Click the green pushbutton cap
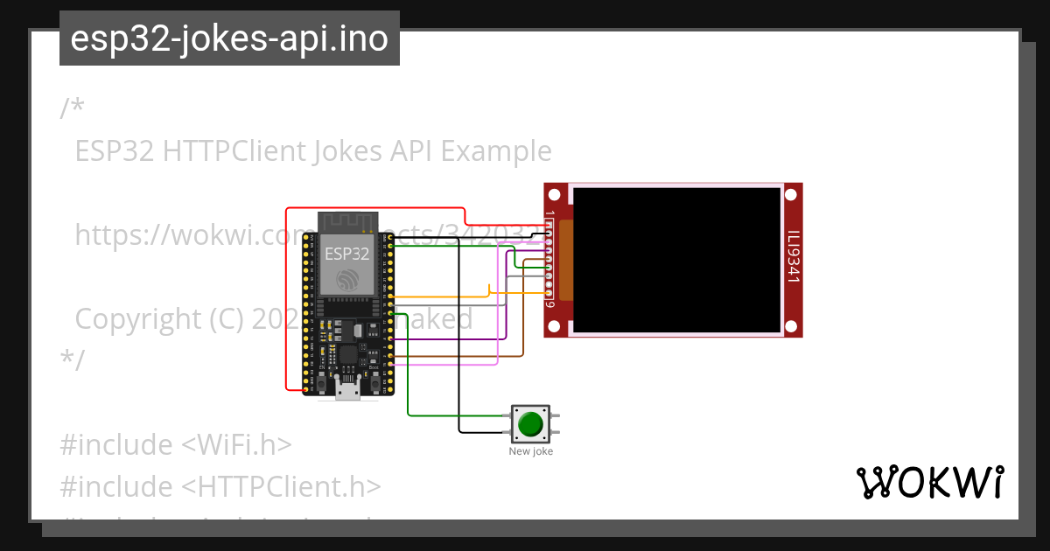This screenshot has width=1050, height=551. tap(530, 424)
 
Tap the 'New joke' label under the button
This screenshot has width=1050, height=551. tap(530, 451)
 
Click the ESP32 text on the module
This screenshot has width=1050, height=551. tap(347, 254)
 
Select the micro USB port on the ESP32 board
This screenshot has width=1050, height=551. tap(347, 390)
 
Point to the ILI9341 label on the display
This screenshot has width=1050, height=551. tap(793, 257)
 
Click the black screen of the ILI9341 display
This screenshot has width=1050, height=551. tap(676, 260)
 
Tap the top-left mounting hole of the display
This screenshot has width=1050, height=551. tap(556, 193)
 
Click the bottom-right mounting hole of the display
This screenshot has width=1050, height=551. tap(792, 326)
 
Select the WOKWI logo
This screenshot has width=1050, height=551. tap(929, 482)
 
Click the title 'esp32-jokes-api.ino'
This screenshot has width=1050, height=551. tap(229, 38)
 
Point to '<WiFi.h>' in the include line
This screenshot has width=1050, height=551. tap(236, 444)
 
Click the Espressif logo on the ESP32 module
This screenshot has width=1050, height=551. tap(347, 279)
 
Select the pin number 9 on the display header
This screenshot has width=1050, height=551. tap(549, 304)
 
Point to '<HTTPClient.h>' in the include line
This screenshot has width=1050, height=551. tap(281, 486)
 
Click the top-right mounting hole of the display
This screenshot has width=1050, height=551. tap(792, 193)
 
